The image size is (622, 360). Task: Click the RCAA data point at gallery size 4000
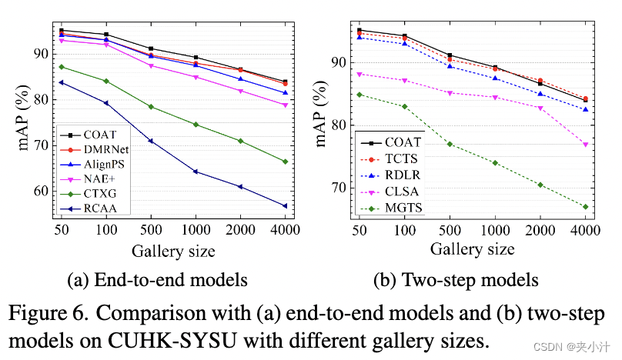coord(286,206)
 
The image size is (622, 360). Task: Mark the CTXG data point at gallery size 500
coord(151,106)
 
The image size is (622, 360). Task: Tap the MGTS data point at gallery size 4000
coord(585,206)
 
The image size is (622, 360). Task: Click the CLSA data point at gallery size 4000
coord(585,145)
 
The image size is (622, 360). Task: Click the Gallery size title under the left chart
coord(172,252)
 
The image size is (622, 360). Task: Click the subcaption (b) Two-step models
coord(456,279)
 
